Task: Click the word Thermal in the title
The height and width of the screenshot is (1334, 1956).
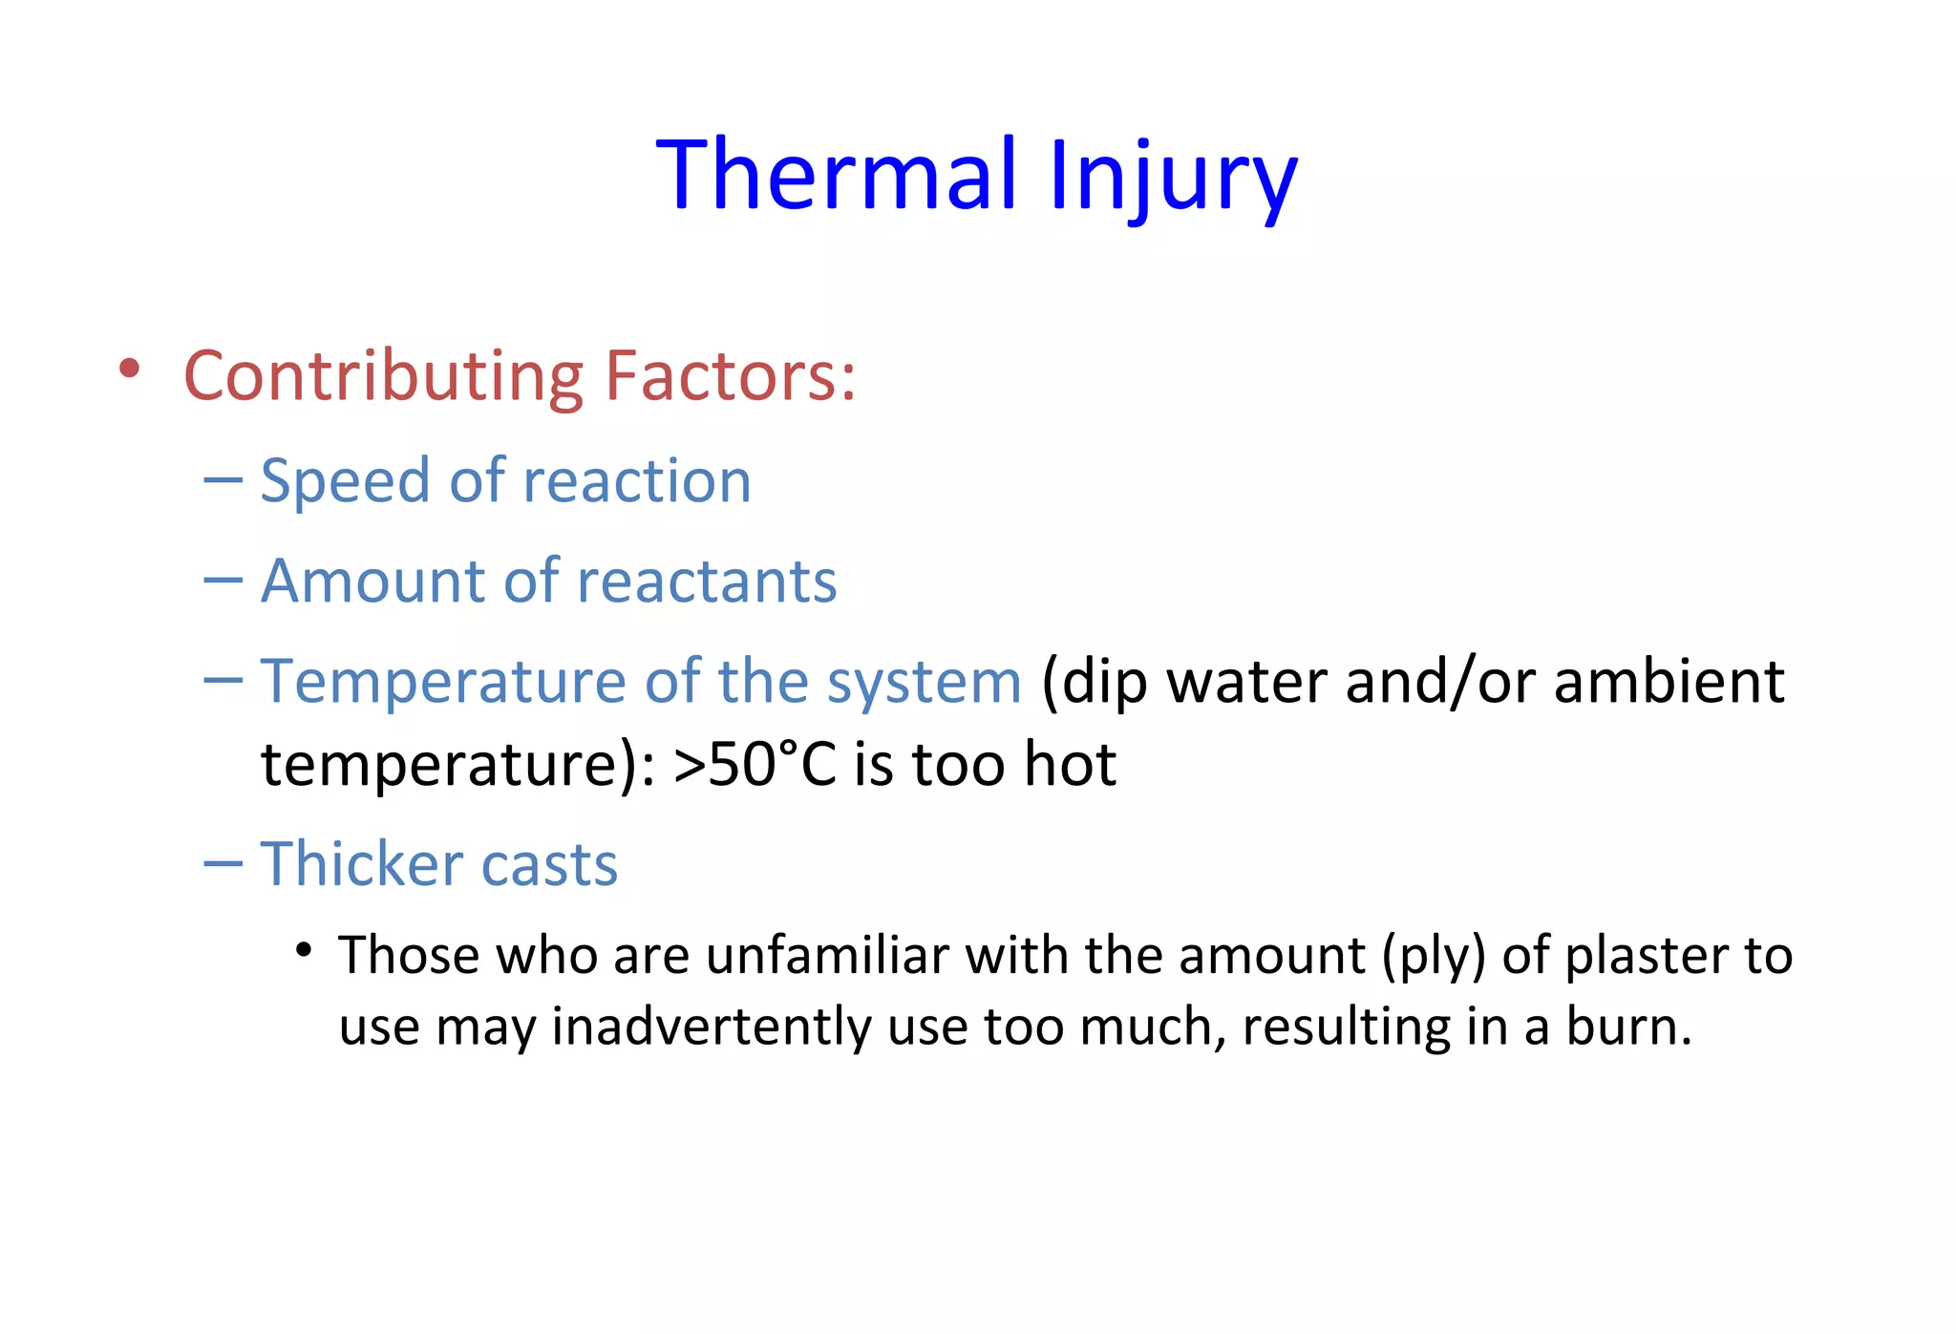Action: (838, 175)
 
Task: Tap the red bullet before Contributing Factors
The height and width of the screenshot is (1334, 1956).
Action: (130, 370)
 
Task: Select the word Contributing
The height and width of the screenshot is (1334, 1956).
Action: (382, 377)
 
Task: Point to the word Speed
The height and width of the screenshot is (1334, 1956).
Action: (344, 481)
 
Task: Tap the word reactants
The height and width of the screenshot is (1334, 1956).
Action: (707, 582)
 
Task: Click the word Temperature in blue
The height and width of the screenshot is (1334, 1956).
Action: (443, 683)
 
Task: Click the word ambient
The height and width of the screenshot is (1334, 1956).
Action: (1669, 682)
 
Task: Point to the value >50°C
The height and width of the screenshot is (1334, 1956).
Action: (755, 765)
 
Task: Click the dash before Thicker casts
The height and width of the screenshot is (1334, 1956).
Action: (223, 863)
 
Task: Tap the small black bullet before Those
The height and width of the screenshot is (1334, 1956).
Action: (304, 951)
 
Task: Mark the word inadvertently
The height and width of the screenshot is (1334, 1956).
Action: (712, 1027)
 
